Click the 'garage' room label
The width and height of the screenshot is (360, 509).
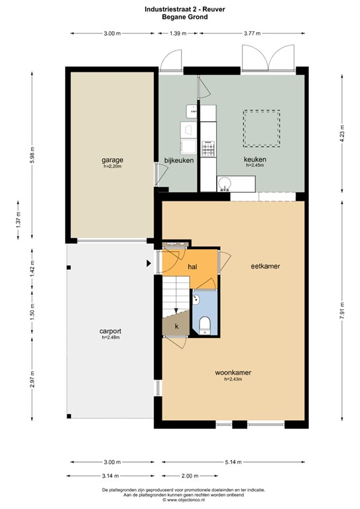point(112,160)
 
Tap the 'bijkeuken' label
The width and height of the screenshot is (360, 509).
point(176,160)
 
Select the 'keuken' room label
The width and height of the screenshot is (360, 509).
point(254,160)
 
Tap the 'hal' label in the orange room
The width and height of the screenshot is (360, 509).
point(193,266)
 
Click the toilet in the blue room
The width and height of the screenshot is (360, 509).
point(205,323)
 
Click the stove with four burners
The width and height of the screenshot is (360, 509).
point(208,150)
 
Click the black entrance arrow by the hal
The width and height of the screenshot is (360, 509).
point(149,264)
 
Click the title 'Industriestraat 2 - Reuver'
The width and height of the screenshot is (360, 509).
point(180,9)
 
